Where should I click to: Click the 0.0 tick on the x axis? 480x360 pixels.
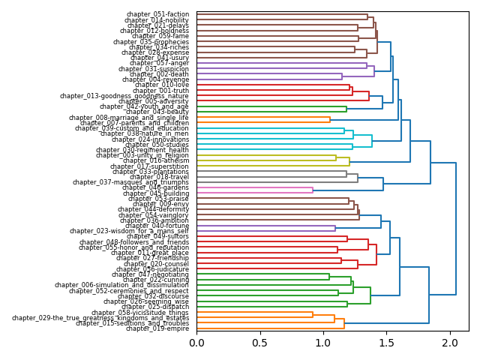click(196, 343)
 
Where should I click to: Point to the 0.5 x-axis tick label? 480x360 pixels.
click(259, 343)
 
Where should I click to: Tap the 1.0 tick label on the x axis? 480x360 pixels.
click(323, 343)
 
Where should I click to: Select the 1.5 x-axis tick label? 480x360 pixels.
click(386, 343)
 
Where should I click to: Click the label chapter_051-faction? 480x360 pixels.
click(157, 14)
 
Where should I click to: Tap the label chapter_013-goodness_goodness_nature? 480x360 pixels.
click(124, 96)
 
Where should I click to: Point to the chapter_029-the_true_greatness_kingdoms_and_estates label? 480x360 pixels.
click(100, 318)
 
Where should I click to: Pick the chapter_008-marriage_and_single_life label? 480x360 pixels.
click(129, 118)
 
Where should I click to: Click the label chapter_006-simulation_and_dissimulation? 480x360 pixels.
click(121, 285)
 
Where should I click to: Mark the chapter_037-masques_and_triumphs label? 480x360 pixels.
click(131, 182)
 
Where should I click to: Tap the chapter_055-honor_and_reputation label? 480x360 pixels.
click(133, 247)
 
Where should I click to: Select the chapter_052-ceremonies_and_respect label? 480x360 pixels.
click(129, 291)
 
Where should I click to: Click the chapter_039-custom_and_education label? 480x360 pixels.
click(132, 128)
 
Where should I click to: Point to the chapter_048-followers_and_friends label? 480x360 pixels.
click(134, 242)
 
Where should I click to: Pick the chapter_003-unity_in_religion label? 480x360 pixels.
click(142, 155)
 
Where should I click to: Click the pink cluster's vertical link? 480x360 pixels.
click(313, 190)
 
